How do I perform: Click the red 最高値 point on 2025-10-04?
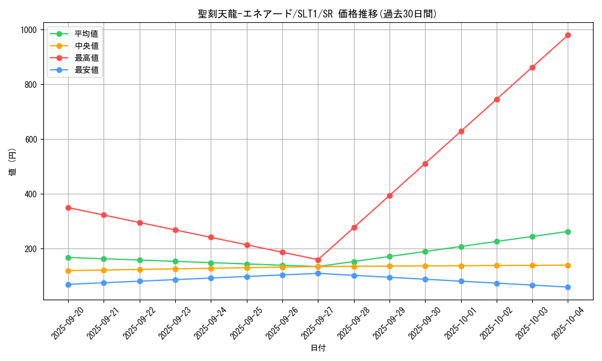(x=568, y=35)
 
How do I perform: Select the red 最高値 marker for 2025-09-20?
(x=68, y=208)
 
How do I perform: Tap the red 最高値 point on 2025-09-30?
(x=425, y=164)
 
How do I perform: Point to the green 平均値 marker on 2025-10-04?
(x=568, y=232)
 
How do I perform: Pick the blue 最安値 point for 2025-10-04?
(x=568, y=287)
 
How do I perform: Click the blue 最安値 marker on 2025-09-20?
(x=68, y=285)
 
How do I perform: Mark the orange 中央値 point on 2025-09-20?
(x=68, y=271)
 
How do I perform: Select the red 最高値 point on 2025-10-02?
(x=497, y=99)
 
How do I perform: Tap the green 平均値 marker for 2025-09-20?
(x=68, y=258)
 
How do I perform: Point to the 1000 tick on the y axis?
(x=28, y=30)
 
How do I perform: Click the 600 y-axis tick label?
(x=31, y=140)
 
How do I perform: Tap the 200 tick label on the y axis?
(x=31, y=249)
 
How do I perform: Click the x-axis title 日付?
(x=318, y=348)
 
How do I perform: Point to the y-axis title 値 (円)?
(x=13, y=164)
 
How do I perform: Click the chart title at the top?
(x=318, y=14)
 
